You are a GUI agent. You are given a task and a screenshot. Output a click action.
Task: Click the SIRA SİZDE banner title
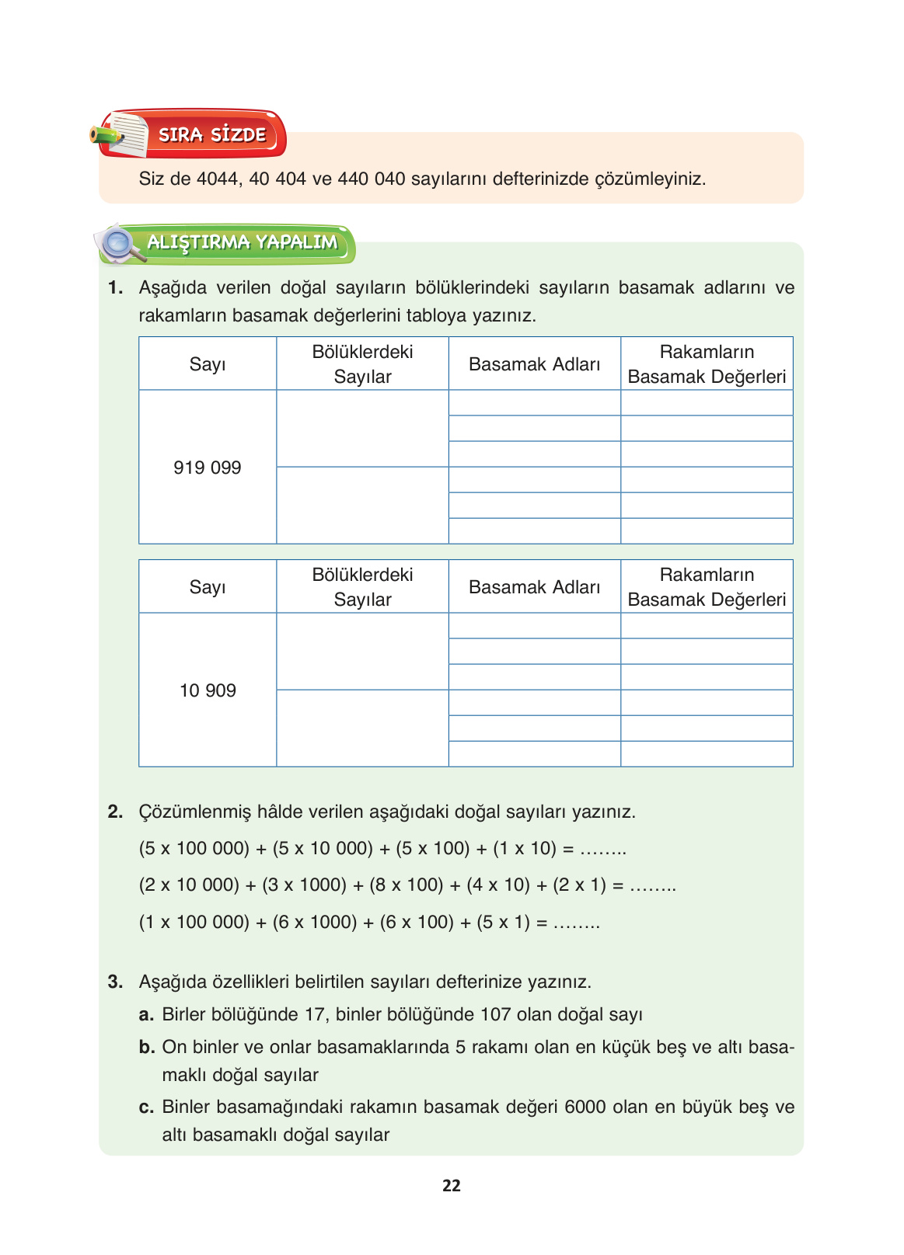pos(212,135)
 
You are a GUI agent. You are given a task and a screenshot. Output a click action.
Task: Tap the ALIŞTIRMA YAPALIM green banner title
pos(242,242)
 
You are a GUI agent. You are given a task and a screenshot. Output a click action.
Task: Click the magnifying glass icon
pos(119,243)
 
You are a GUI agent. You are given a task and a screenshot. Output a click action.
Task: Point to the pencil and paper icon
pos(121,134)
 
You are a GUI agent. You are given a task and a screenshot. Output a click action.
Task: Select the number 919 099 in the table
pos(207,468)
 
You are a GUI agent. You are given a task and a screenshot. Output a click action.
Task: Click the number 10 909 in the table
pos(207,690)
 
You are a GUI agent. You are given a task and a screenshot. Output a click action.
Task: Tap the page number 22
pos(451,1186)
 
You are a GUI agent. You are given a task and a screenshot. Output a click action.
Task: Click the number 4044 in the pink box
pos(218,179)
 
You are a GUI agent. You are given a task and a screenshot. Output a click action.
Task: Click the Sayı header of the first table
pos(207,364)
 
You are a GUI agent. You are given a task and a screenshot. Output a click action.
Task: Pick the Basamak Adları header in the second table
pos(534,587)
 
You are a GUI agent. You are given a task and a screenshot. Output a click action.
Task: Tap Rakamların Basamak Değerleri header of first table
pos(706,364)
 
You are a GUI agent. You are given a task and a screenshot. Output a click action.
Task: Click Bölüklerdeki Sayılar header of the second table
pos(362,587)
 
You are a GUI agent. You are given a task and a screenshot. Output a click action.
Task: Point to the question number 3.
pos(115,982)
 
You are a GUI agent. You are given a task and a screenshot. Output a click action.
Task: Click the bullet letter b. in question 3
pos(146,1048)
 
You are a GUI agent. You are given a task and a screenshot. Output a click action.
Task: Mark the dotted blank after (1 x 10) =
pos(603,849)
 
